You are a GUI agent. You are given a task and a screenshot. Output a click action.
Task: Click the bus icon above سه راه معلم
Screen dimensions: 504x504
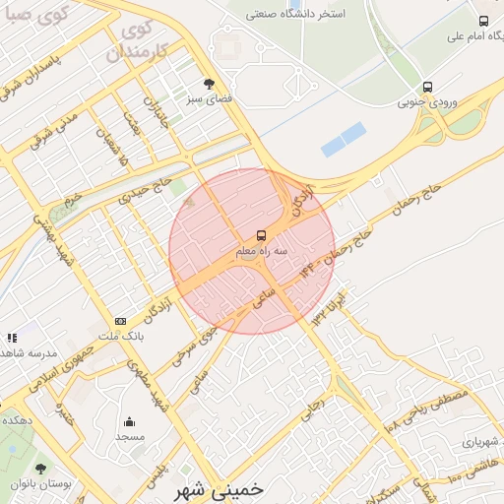pyautogui.click(x=262, y=235)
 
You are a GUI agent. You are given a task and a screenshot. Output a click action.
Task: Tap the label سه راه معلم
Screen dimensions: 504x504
pyautogui.click(x=261, y=252)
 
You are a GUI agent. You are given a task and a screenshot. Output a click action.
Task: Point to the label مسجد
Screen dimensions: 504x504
pyautogui.click(x=130, y=435)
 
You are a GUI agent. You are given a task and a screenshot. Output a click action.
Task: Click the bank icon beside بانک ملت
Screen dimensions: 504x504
pyautogui.click(x=120, y=321)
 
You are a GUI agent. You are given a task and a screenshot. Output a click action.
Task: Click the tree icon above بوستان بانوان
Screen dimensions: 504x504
pyautogui.click(x=40, y=469)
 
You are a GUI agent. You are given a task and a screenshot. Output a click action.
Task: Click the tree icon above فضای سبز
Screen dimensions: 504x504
pyautogui.click(x=208, y=84)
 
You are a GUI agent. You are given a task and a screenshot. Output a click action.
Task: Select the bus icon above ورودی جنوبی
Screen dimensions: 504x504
pyautogui.click(x=427, y=87)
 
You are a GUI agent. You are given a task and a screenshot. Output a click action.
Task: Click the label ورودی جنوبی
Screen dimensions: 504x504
pyautogui.click(x=425, y=101)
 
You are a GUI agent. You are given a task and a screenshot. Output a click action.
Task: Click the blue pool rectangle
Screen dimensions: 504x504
pyautogui.click(x=344, y=140)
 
